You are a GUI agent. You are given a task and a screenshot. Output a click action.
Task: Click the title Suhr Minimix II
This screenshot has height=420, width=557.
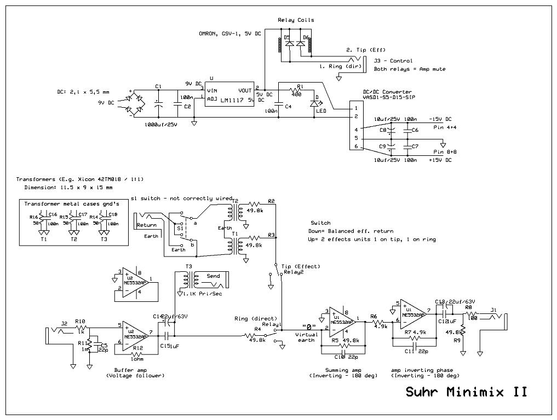click(466, 392)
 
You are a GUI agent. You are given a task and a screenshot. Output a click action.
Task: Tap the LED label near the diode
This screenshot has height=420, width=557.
click(321, 111)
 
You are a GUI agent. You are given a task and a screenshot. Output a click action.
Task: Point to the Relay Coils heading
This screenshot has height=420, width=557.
click(296, 20)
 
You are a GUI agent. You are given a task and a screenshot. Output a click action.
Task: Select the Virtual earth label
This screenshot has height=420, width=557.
click(306, 337)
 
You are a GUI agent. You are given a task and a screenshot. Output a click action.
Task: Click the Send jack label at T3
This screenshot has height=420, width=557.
click(213, 276)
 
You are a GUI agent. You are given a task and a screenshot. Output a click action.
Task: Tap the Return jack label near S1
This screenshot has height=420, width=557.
click(146, 225)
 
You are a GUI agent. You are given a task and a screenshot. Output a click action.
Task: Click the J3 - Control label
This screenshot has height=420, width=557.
click(393, 61)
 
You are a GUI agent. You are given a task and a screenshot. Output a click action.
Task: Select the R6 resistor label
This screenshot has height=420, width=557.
click(373, 316)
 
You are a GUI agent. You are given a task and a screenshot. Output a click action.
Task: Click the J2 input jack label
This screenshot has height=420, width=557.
click(64, 323)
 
